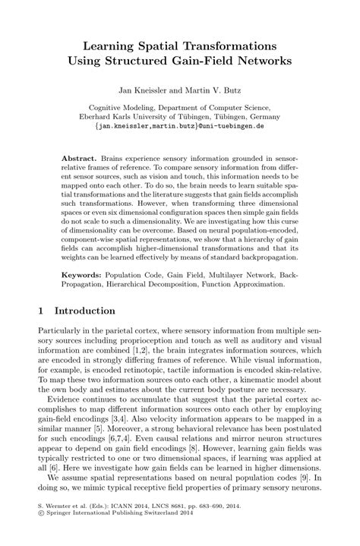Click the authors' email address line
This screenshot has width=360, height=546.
pos(180,128)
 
